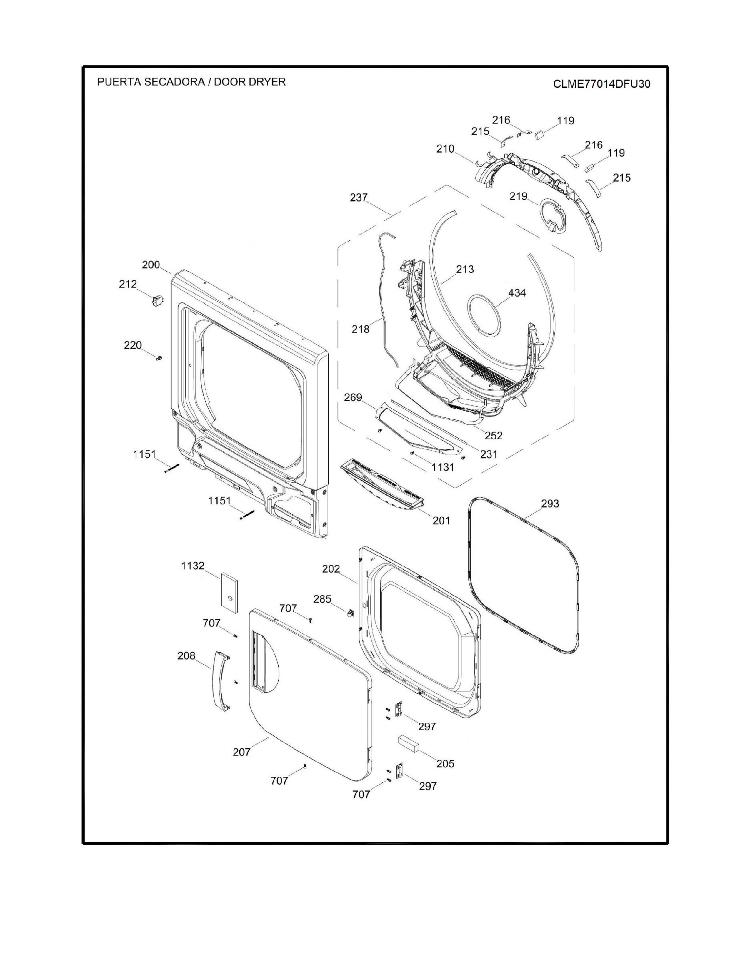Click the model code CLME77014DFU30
tap(601, 84)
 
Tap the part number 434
tap(517, 293)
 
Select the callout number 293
tap(550, 504)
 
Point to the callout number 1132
tap(193, 566)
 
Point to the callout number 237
tap(359, 197)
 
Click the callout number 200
tap(151, 265)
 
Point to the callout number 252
tap(493, 435)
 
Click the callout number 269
tap(353, 397)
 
